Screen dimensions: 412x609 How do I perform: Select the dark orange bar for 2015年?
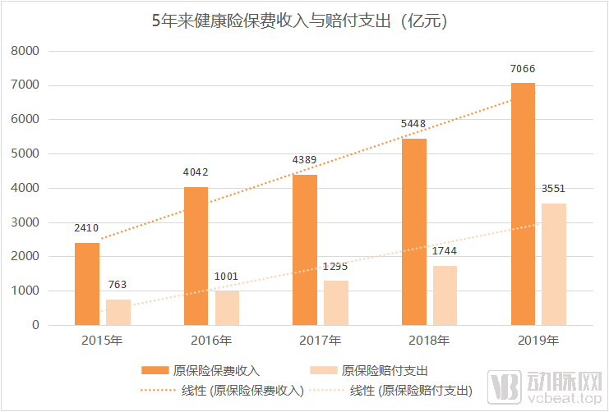tap(87, 283)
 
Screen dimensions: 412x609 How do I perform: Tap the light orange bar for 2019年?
tap(554, 263)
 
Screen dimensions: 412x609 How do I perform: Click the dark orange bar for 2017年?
tap(305, 249)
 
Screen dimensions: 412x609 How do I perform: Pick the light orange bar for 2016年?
tap(227, 308)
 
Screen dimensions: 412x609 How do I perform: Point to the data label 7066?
tap(523, 69)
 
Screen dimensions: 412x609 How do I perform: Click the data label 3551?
tap(553, 189)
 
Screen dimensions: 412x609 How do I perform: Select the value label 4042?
tap(196, 172)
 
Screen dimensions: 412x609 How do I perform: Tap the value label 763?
tap(118, 285)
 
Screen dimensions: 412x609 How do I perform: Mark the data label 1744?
tap(445, 251)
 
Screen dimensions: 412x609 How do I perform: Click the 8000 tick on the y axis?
tap(25, 51)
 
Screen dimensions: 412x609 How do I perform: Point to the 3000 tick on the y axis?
tap(25, 222)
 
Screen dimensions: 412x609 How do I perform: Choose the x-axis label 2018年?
tap(429, 340)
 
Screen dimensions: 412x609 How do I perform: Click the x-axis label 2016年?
tap(211, 340)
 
